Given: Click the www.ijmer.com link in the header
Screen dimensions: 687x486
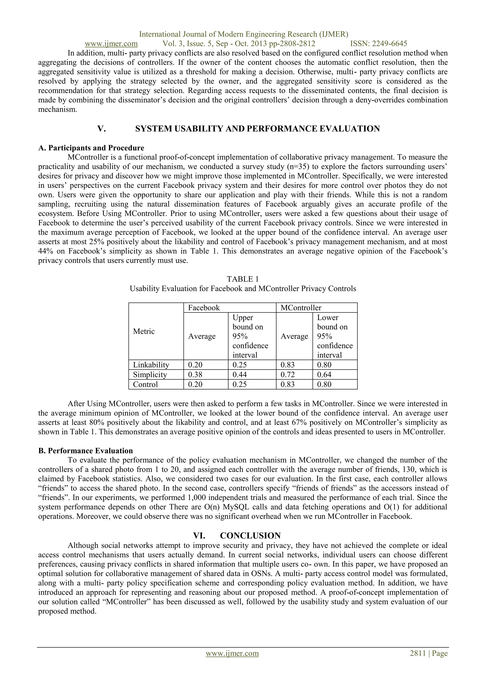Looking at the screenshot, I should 111,44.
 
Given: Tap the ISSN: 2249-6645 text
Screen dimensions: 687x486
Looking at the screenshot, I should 379,44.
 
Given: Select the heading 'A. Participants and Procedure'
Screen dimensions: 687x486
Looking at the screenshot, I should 91,148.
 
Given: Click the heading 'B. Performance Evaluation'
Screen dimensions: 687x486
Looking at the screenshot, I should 85,451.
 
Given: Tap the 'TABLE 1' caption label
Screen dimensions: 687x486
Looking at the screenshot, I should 243,279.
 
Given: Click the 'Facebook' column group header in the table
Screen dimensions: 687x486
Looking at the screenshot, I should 204,308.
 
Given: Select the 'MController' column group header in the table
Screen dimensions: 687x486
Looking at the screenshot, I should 301,308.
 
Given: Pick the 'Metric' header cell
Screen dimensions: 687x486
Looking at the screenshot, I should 144,331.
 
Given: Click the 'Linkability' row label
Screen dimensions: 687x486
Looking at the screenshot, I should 151,365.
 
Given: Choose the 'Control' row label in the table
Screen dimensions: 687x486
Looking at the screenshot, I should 145,385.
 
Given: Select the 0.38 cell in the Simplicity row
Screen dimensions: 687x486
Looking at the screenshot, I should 195,375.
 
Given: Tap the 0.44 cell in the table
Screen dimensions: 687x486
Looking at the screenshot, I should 240,375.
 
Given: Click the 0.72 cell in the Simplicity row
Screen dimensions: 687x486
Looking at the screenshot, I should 287,375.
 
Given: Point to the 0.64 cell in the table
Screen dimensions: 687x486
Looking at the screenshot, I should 324,375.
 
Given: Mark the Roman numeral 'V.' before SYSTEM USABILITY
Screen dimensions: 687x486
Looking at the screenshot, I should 102,129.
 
